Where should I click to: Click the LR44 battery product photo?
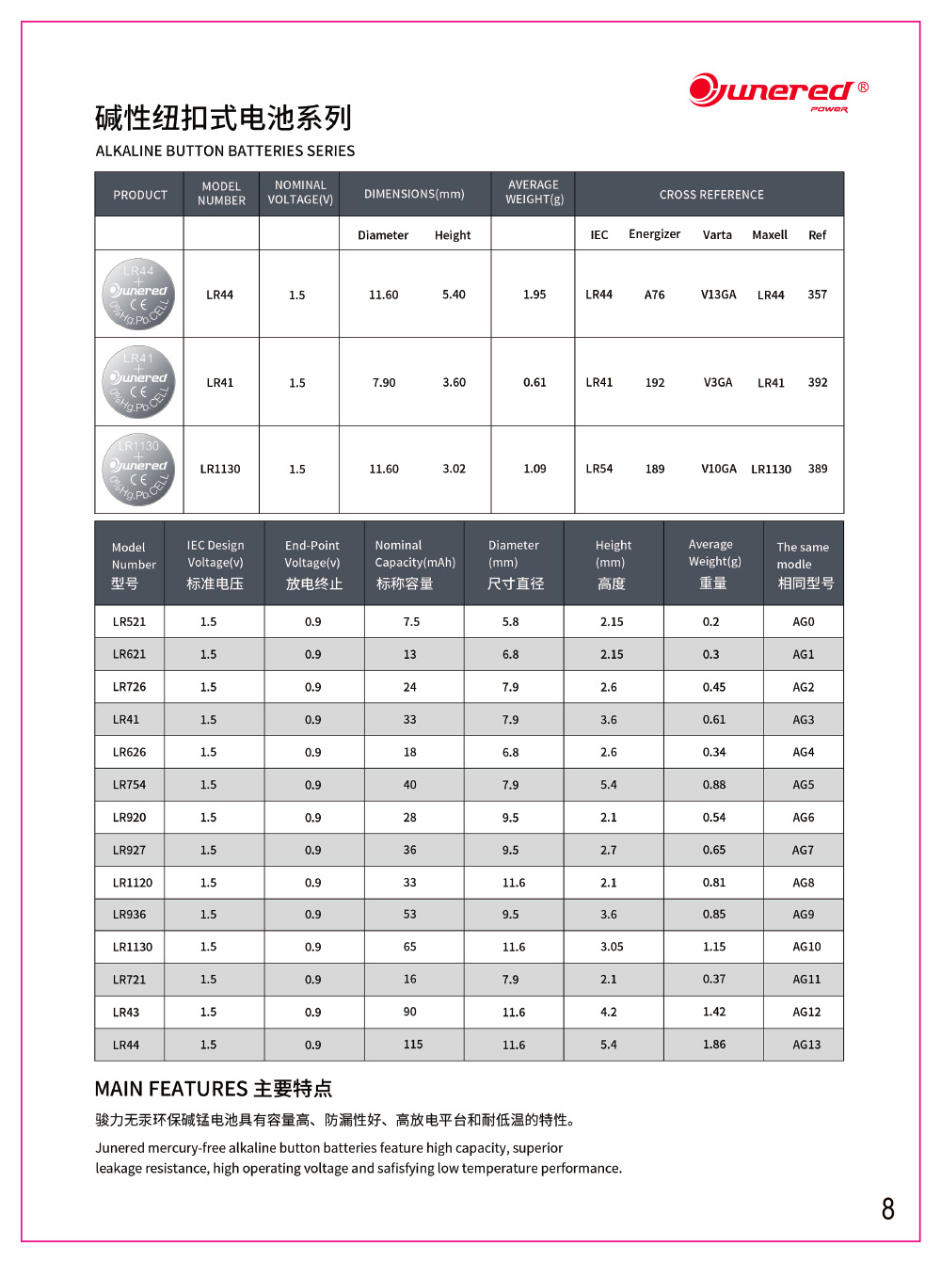[x=138, y=294]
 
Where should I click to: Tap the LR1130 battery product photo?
[x=138, y=469]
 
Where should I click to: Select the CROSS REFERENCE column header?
[x=711, y=195]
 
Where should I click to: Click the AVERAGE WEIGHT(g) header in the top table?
[x=534, y=192]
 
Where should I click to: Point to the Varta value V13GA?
[x=718, y=295]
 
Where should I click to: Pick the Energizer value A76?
[x=654, y=295]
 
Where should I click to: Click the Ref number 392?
[x=818, y=382]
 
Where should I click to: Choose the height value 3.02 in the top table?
[x=454, y=469]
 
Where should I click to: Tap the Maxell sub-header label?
[x=769, y=234]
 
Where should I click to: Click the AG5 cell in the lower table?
[x=803, y=785]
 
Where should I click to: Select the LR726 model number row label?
[x=129, y=687]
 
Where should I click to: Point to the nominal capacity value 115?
[x=413, y=1045]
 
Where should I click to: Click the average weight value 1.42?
[x=713, y=1012]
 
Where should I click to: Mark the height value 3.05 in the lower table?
[x=612, y=947]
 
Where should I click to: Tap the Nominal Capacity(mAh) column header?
[x=414, y=564]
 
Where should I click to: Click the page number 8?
[x=887, y=1208]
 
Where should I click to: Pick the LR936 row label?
[x=129, y=914]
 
